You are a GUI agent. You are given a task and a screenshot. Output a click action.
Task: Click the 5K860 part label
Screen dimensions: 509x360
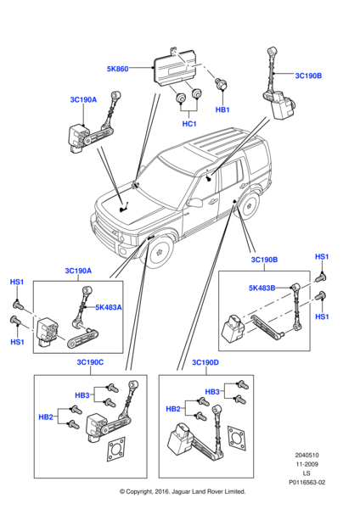(117, 68)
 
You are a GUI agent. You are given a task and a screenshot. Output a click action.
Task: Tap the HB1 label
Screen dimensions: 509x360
(222, 109)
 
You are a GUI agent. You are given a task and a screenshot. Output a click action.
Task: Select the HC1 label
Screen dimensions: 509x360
(188, 124)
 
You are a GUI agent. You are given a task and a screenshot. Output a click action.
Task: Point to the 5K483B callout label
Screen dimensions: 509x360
(262, 288)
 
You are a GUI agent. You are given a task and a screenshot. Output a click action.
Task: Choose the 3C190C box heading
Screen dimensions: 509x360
(89, 362)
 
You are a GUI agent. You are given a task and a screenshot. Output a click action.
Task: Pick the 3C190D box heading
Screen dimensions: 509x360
(205, 362)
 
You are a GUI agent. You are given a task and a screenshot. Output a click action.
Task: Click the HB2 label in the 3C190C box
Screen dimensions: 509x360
(47, 417)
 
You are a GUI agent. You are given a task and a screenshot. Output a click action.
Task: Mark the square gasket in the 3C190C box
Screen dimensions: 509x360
(116, 451)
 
